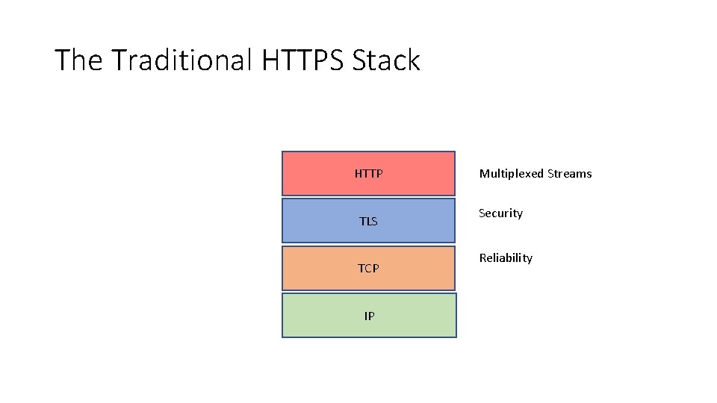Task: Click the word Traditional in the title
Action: (x=181, y=60)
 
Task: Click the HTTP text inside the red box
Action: (x=368, y=174)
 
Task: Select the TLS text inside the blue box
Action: (x=368, y=222)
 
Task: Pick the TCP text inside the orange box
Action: (x=368, y=269)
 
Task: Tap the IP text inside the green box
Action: (x=369, y=316)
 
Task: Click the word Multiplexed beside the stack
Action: (x=512, y=174)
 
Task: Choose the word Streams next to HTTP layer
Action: (x=569, y=174)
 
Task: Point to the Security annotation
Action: (x=500, y=213)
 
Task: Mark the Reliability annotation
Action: (x=506, y=258)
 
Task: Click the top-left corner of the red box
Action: (x=282, y=152)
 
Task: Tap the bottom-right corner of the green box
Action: (x=455, y=337)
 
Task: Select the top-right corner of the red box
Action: (x=454, y=152)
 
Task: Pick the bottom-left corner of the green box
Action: (x=282, y=337)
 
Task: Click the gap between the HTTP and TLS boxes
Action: (x=368, y=197)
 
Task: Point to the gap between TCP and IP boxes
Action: (x=368, y=292)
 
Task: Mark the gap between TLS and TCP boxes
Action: (x=368, y=245)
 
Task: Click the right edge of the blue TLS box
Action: (x=454, y=221)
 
